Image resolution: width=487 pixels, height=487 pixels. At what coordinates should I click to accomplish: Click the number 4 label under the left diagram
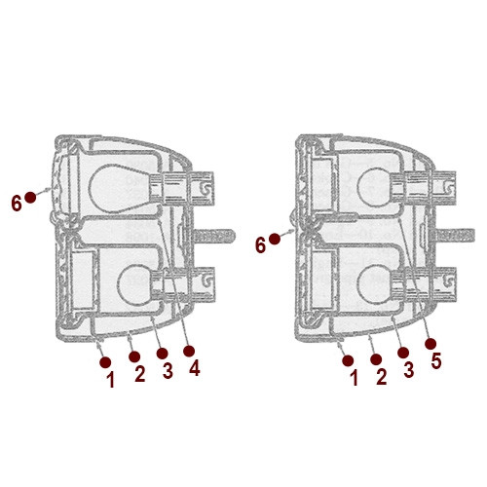195,369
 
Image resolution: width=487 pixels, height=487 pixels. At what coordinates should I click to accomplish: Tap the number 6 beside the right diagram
260,244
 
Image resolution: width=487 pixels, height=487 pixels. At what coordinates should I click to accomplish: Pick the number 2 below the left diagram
139,374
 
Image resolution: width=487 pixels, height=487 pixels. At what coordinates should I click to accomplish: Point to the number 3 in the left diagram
168,370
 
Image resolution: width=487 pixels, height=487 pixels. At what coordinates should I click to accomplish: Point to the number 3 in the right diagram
408,369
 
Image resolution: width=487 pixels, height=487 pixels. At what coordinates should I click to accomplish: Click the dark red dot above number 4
190,348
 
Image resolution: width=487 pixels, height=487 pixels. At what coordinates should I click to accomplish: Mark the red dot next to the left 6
31,197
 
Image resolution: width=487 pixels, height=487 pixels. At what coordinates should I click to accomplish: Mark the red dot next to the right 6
277,238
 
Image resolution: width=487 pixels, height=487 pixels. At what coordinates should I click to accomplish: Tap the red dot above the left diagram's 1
105,360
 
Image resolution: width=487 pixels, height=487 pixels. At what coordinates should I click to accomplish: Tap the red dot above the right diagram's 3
403,350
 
